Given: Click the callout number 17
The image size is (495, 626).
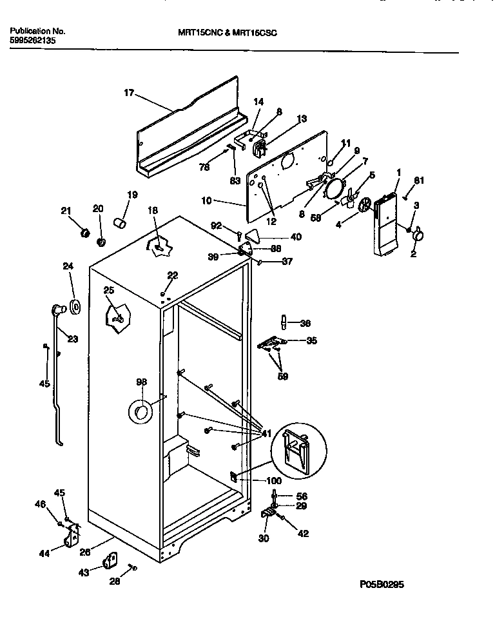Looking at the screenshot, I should click(x=128, y=93).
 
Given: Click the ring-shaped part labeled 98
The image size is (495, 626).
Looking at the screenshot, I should click(x=141, y=411).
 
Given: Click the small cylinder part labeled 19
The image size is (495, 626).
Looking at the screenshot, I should click(x=119, y=223).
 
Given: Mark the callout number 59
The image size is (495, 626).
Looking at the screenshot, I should click(x=282, y=376).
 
